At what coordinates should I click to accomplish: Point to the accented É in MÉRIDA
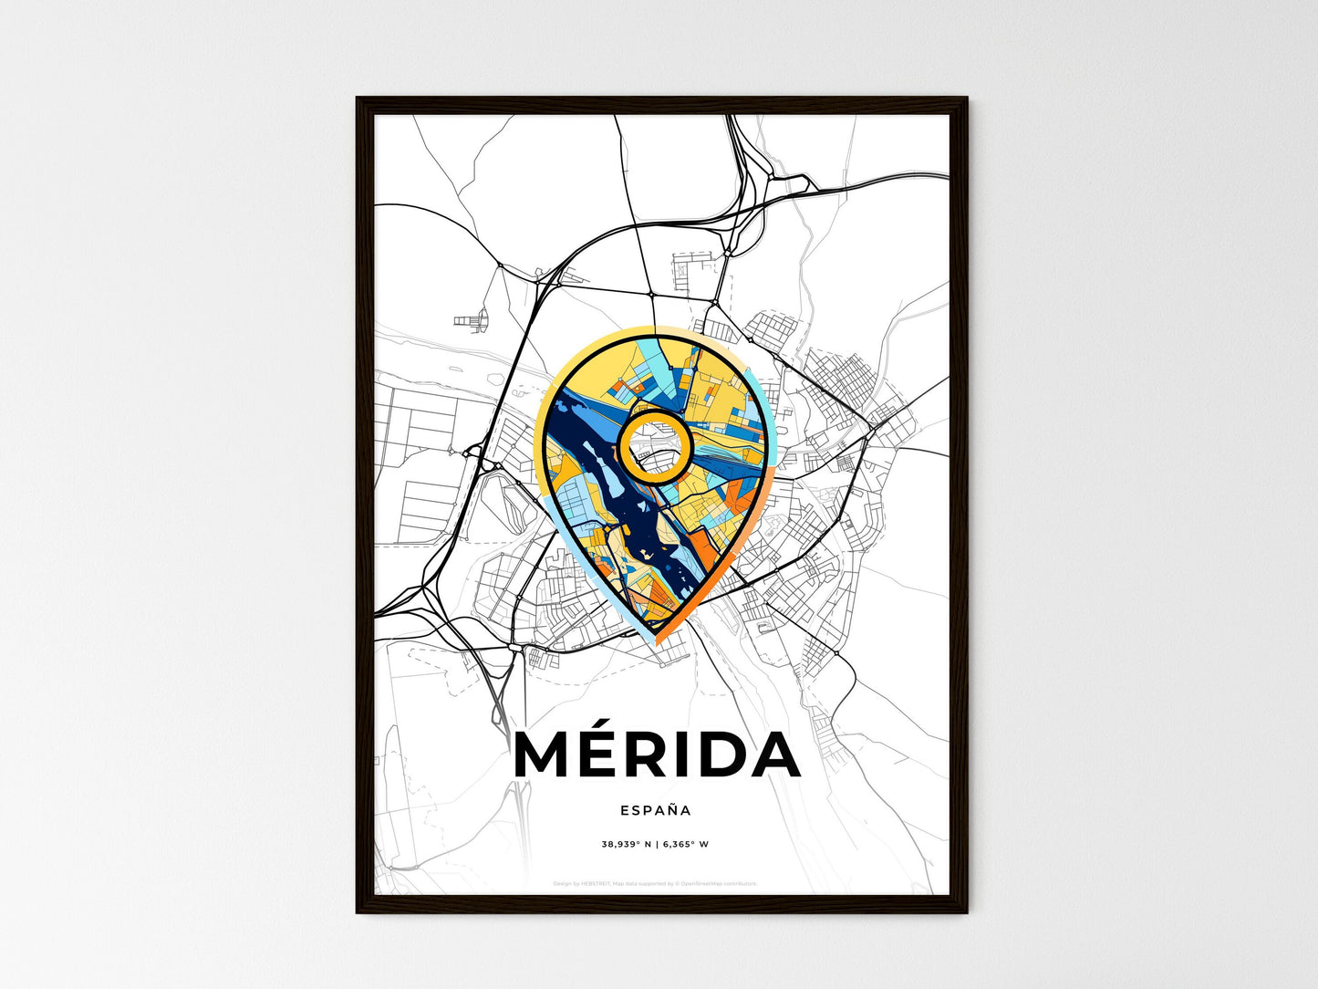pyautogui.click(x=608, y=754)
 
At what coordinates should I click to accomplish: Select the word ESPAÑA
pyautogui.click(x=656, y=810)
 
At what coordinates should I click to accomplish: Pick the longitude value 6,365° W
pyautogui.click(x=685, y=844)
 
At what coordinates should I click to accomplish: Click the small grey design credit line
pyautogui.click(x=656, y=884)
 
